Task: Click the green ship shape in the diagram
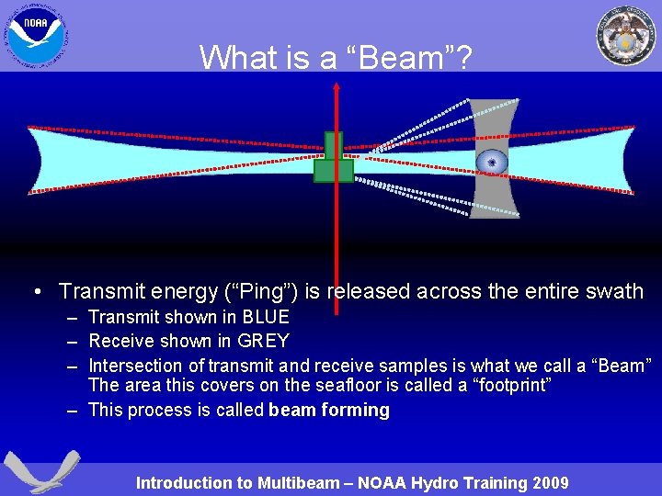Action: pyautogui.click(x=333, y=160)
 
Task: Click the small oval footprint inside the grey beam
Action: pyautogui.click(x=492, y=163)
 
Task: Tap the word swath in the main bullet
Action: pyautogui.click(x=614, y=292)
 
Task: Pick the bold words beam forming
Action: pyautogui.click(x=329, y=411)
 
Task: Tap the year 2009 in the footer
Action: pyautogui.click(x=549, y=483)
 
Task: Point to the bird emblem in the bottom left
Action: pyautogui.click(x=40, y=471)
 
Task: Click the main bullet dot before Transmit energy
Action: pyautogui.click(x=36, y=292)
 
